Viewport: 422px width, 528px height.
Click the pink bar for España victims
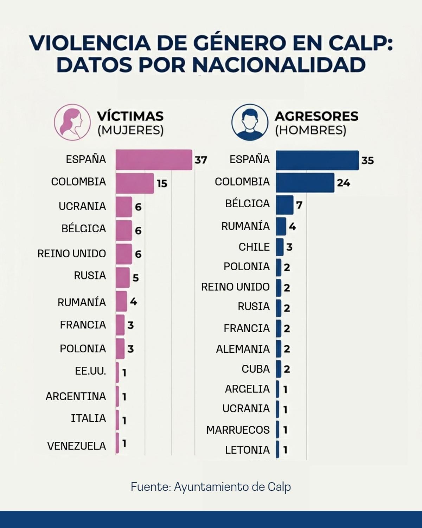[x=154, y=160]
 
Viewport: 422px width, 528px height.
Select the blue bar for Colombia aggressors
[x=305, y=183]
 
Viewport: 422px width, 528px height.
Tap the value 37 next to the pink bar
[x=201, y=160]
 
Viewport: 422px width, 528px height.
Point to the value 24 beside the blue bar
[x=343, y=183]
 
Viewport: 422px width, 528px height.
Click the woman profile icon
[x=72, y=122]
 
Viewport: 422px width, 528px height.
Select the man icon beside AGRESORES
[x=250, y=122]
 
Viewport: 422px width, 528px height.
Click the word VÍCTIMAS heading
[x=130, y=116]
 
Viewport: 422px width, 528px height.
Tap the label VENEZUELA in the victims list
[x=77, y=446]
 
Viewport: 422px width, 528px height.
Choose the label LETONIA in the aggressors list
[x=247, y=450]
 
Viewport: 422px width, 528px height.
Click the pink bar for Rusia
[x=122, y=277]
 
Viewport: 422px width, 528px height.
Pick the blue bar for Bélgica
[x=284, y=205]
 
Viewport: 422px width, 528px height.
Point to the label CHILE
[x=254, y=247]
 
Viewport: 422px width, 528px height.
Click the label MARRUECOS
[x=238, y=430]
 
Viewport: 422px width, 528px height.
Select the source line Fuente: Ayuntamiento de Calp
[x=211, y=487]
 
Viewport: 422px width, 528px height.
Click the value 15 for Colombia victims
[x=162, y=183]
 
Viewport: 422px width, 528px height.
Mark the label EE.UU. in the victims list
[x=90, y=371]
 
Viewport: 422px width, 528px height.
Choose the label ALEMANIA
[x=243, y=349]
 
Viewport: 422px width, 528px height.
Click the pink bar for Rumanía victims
[x=121, y=301]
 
